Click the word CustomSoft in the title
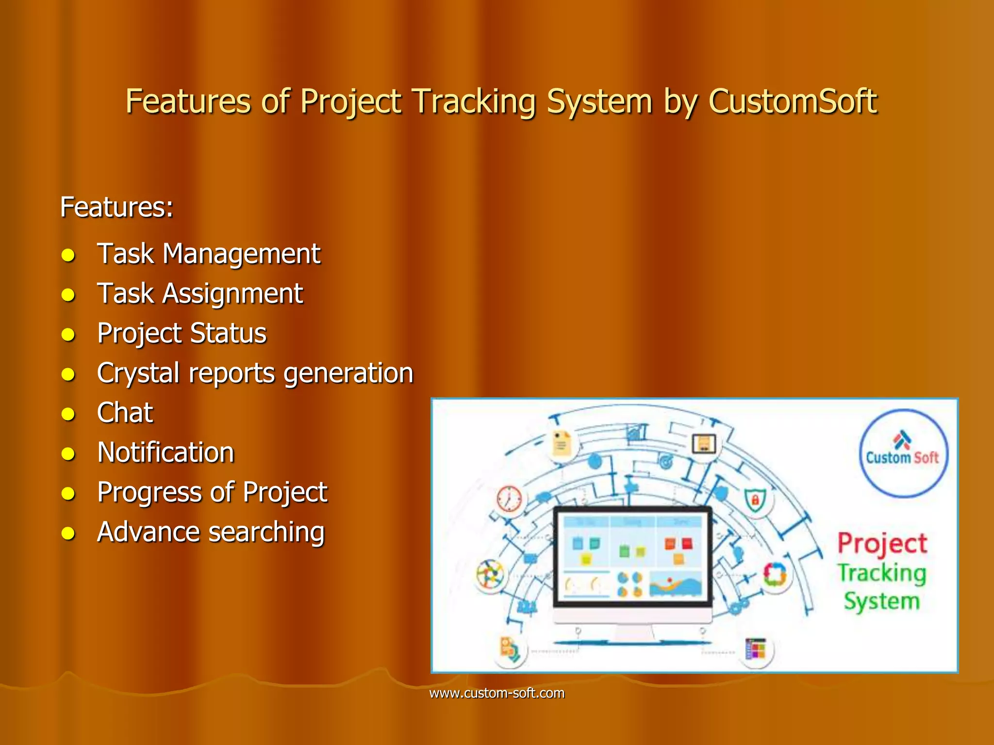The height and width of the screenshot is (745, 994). [x=793, y=102]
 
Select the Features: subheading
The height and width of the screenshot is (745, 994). [x=116, y=208]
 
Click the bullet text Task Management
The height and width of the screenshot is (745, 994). [x=209, y=254]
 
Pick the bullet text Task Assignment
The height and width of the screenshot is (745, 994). [x=200, y=293]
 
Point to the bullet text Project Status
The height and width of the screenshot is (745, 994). [x=182, y=333]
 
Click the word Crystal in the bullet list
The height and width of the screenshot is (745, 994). [x=138, y=373]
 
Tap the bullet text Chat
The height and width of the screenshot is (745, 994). [x=125, y=413]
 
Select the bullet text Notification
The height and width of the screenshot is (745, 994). [x=166, y=453]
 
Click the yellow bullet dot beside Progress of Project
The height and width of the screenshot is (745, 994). [x=68, y=494]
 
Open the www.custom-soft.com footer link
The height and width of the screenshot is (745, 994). [x=497, y=693]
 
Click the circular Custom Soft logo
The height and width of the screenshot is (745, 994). [x=903, y=453]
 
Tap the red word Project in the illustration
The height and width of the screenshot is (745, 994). [x=882, y=543]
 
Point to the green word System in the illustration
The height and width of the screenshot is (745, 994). [x=881, y=601]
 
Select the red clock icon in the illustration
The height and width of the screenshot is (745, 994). [x=509, y=499]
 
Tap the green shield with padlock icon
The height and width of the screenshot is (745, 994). [x=755, y=500]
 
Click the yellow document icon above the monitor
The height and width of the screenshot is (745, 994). [x=562, y=444]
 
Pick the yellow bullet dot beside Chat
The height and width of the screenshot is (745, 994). [x=68, y=414]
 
